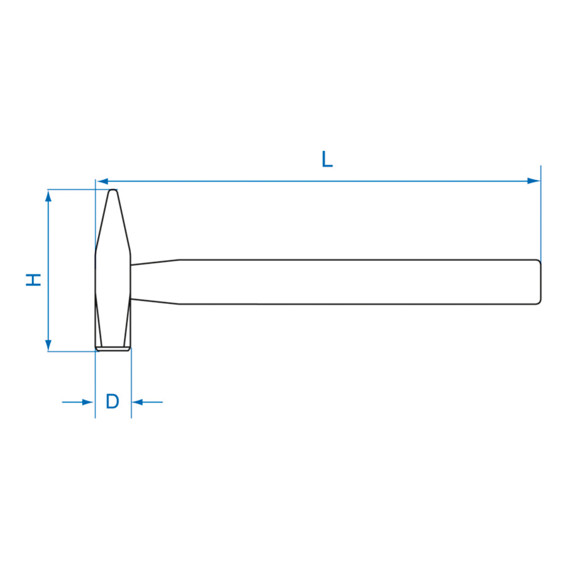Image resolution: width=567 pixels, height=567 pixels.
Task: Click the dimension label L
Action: tap(327, 159)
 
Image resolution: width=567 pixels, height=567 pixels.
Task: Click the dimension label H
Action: tap(33, 280)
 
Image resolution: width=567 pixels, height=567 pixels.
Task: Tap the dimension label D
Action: tap(113, 401)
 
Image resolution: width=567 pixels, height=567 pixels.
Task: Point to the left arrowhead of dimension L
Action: tap(103, 181)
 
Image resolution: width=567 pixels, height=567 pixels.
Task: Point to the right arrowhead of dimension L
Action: tap(534, 181)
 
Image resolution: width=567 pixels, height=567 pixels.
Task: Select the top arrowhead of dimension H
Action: tap(48, 196)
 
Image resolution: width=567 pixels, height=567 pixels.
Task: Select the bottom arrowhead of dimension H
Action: tap(48, 345)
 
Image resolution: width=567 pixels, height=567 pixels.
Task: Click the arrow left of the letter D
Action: tap(78, 402)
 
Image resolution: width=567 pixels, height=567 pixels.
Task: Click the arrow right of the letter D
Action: tap(147, 402)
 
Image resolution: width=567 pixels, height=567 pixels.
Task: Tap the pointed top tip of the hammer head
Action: tap(113, 190)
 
